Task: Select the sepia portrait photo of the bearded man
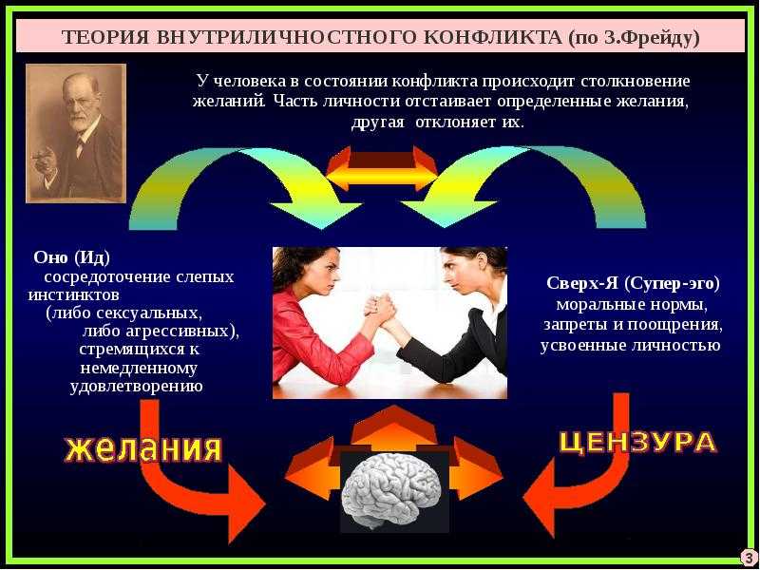tap(76, 133)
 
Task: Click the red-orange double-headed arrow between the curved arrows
tap(383, 169)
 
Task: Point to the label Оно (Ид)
tap(72, 257)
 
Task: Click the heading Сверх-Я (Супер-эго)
tap(633, 283)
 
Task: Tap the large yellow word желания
tap(143, 448)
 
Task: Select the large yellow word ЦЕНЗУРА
tap(638, 442)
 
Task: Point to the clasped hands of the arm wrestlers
tap(381, 311)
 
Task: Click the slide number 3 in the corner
tap(749, 558)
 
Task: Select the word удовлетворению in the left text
tap(136, 387)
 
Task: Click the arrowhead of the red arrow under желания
tap(245, 504)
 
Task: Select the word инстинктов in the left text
tap(74, 294)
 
